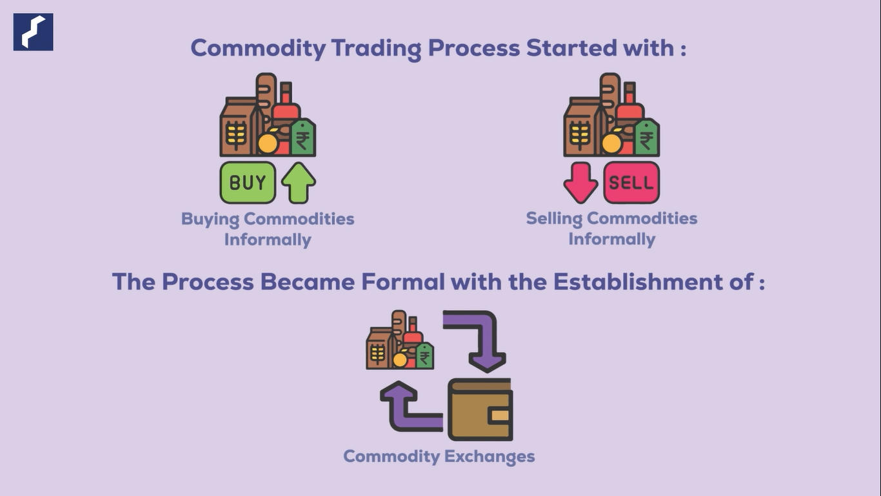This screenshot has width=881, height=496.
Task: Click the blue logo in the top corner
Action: tap(33, 32)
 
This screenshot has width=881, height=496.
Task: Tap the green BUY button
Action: tap(248, 183)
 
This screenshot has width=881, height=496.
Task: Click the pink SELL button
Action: tap(631, 183)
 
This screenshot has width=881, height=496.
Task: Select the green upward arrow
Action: tap(298, 183)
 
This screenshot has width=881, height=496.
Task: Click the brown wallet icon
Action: tap(480, 409)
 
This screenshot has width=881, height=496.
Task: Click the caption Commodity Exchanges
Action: tap(439, 457)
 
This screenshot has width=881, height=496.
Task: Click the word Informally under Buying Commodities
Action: tap(268, 240)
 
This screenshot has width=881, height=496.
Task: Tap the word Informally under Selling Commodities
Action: tap(611, 240)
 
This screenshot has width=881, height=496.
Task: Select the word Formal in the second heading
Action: tap(412, 282)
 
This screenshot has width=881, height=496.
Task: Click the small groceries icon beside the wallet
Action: tap(399, 341)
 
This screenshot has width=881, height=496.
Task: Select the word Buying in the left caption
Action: tap(210, 219)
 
